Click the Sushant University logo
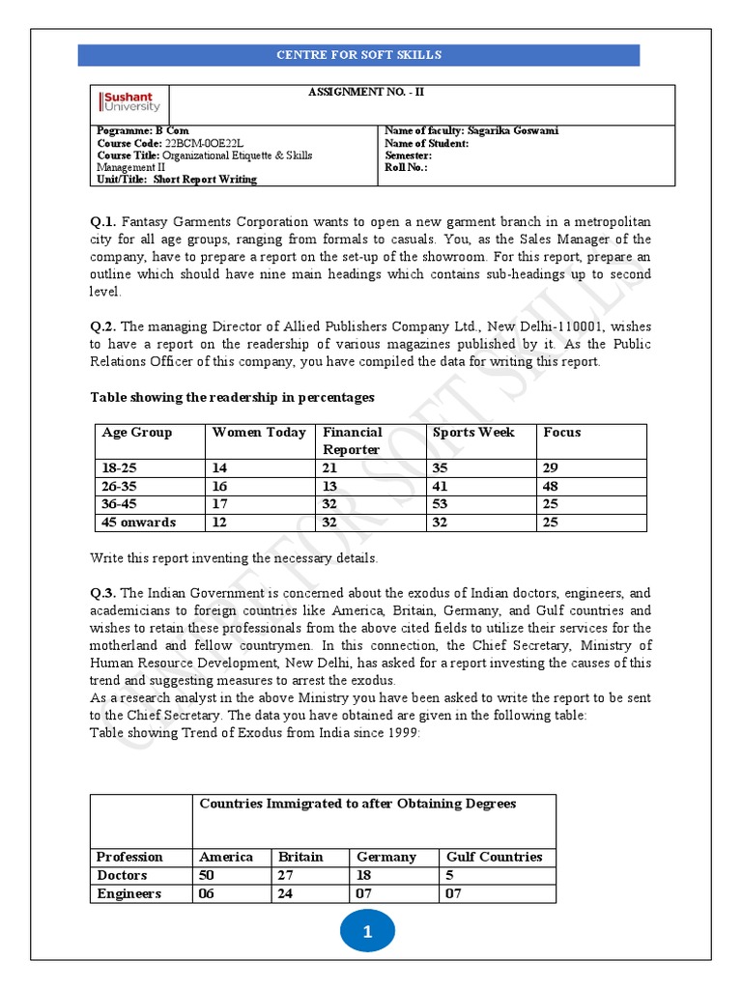[x=130, y=102]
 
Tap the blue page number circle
[x=367, y=933]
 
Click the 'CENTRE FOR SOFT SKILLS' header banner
[x=358, y=55]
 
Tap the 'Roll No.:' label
[x=405, y=166]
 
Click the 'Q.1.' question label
[x=103, y=222]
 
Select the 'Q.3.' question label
[x=103, y=593]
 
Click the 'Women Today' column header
[x=259, y=433]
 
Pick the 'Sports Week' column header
[x=473, y=433]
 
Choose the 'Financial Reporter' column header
[x=352, y=440]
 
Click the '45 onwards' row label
[x=139, y=523]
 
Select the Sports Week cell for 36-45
[x=442, y=504]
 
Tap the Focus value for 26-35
[x=551, y=486]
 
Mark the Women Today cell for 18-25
[x=219, y=467]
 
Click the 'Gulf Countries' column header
[x=494, y=857]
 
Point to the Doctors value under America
[x=209, y=875]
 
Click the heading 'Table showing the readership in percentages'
[x=232, y=397]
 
